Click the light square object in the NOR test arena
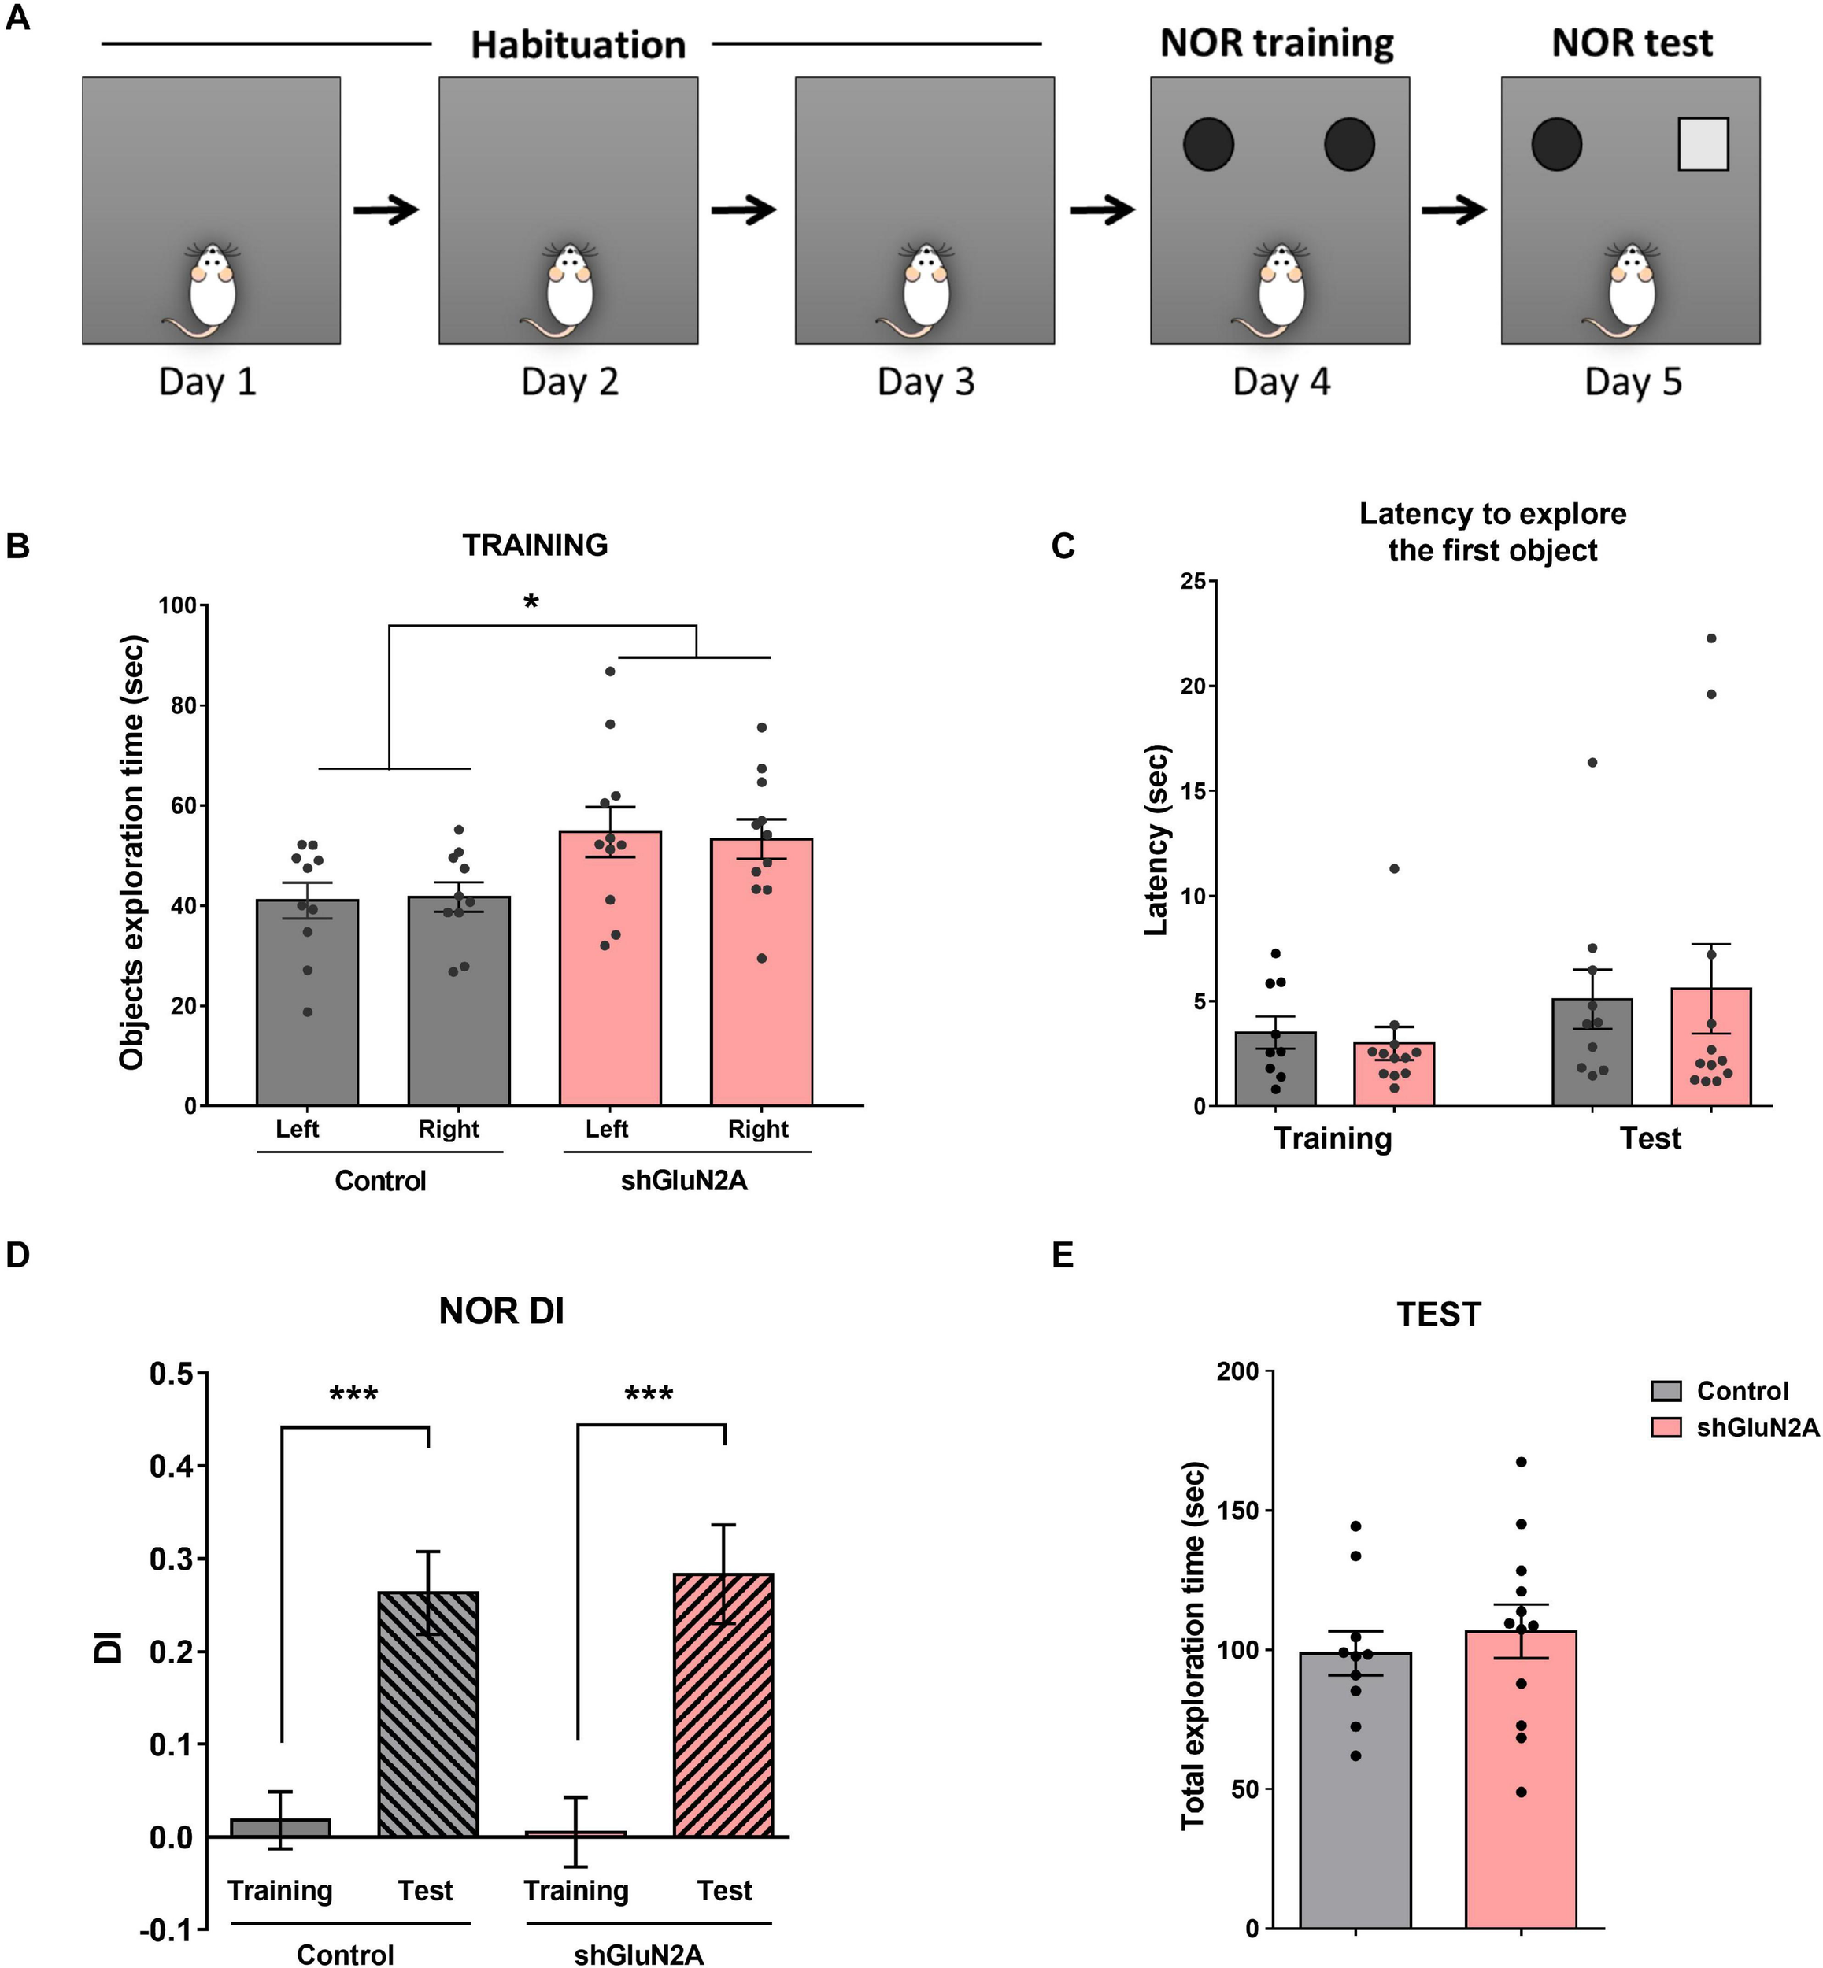pyautogui.click(x=1703, y=144)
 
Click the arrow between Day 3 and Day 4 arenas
pyautogui.click(x=1102, y=209)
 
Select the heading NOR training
pyautogui.click(x=1277, y=43)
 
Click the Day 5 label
pyautogui.click(x=1633, y=382)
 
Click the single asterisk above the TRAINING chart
pyautogui.click(x=531, y=601)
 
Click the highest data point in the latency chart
pyautogui.click(x=1710, y=638)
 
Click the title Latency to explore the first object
pyautogui.click(x=1492, y=531)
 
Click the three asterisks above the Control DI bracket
pyautogui.click(x=353, y=1395)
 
